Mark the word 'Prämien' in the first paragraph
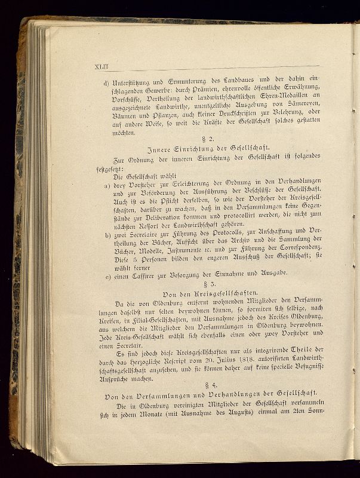[192, 95]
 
